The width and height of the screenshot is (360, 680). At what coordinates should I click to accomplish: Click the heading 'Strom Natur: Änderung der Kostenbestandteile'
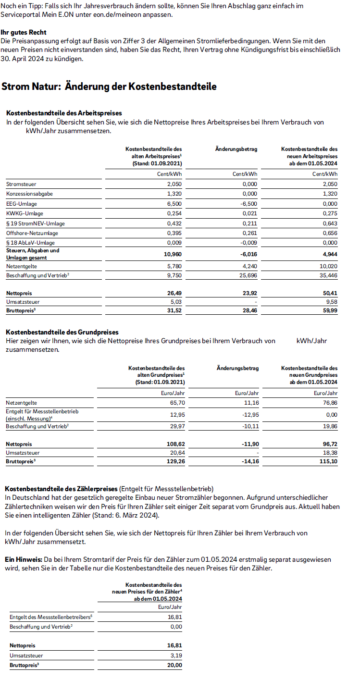[109, 87]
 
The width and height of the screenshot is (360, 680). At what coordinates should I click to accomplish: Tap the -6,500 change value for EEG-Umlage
[249, 203]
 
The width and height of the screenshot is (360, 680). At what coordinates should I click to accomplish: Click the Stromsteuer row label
[21, 184]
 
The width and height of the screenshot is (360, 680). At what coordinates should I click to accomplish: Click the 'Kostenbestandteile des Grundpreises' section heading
[62, 332]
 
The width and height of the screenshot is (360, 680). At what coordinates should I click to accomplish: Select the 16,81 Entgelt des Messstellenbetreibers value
[175, 617]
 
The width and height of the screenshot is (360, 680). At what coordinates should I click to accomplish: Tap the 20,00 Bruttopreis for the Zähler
[175, 665]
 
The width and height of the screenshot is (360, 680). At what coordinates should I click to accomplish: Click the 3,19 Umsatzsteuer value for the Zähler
[176, 655]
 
